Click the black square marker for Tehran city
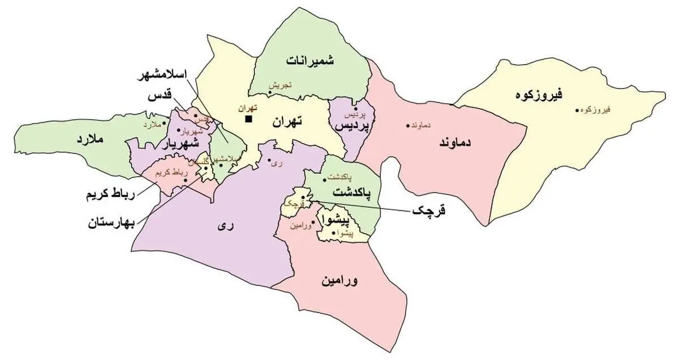(x=248, y=119)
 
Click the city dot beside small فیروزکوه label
(x=577, y=110)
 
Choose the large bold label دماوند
(x=454, y=143)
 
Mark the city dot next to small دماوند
(x=407, y=125)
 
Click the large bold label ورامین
(x=341, y=281)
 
